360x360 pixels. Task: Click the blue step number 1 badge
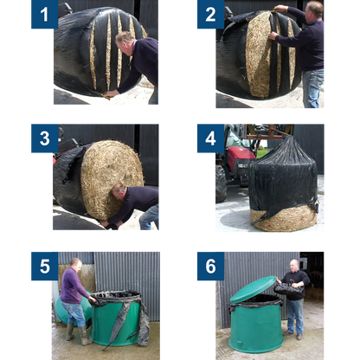coord(45,15)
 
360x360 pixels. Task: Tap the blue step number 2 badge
coord(210,15)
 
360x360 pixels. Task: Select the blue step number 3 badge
coord(45,138)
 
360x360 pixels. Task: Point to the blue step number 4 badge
coord(210,138)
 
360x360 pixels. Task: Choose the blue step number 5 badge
coord(45,266)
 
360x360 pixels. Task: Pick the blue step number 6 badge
coord(210,266)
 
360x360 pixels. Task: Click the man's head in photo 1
coord(125,42)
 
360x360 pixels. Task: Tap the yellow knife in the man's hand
coord(106,97)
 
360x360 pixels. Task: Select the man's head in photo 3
coord(119,193)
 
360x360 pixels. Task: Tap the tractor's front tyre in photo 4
coord(221,184)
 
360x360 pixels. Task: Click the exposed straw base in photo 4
coord(284,220)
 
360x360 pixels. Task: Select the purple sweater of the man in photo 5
coord(73,286)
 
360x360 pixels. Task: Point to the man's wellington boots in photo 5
coord(79,335)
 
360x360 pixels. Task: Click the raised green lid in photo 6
coord(254,289)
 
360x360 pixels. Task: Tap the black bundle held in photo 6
coord(289,287)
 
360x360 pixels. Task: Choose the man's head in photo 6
coord(294,266)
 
